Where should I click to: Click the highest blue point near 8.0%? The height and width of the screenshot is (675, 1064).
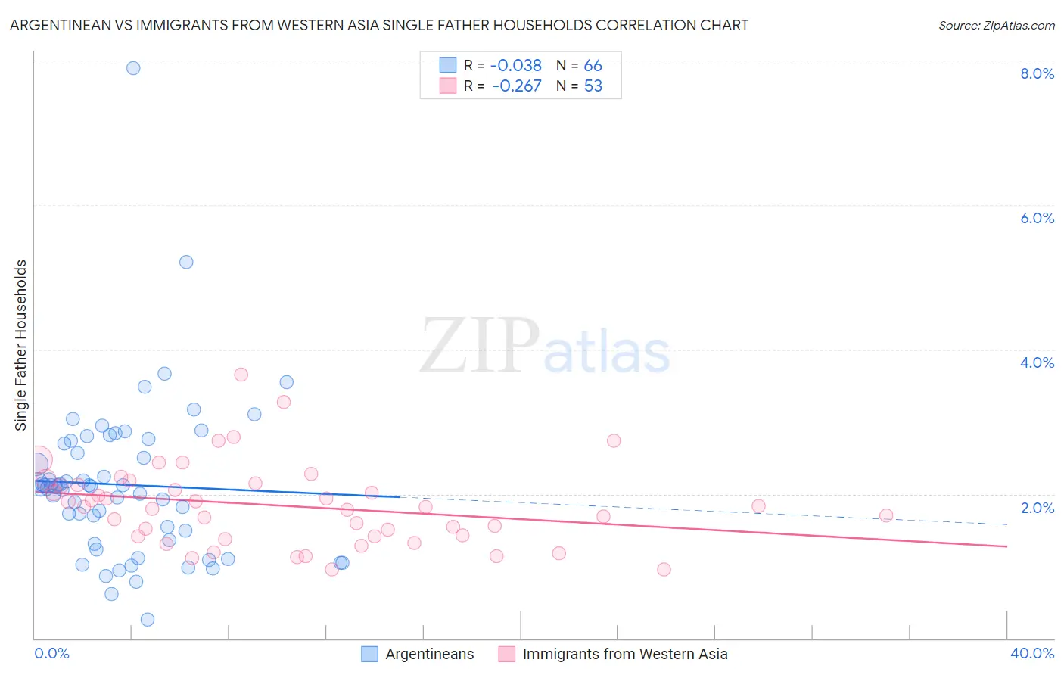tap(133, 68)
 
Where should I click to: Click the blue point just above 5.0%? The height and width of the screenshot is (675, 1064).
tap(186, 262)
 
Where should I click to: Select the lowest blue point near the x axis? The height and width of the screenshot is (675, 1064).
tap(148, 619)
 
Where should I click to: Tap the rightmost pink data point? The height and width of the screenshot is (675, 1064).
tap(886, 515)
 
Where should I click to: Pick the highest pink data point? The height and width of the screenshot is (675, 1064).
tap(241, 375)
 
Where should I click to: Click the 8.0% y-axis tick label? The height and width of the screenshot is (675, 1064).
tap(1037, 73)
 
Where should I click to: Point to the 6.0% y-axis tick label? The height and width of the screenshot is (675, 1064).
tap(1037, 218)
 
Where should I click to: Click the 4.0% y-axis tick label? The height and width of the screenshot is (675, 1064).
tap(1037, 362)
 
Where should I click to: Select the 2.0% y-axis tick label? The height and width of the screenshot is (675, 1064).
tap(1037, 507)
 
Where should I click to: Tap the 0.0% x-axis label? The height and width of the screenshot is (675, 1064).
tap(51, 653)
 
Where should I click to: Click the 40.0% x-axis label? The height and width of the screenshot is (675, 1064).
tap(1031, 653)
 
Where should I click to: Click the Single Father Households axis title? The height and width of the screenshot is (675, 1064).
tap(20, 345)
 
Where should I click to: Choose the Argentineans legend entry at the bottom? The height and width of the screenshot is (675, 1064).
tap(429, 654)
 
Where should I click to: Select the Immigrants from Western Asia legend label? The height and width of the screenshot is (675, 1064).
tap(624, 654)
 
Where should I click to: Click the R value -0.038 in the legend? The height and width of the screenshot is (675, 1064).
tap(516, 66)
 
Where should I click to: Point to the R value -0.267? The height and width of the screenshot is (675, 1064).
tap(516, 86)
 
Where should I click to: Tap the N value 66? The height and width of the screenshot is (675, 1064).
tap(593, 66)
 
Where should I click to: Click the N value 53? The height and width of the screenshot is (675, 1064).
tap(593, 86)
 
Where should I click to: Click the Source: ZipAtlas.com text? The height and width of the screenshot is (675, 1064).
tap(996, 26)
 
